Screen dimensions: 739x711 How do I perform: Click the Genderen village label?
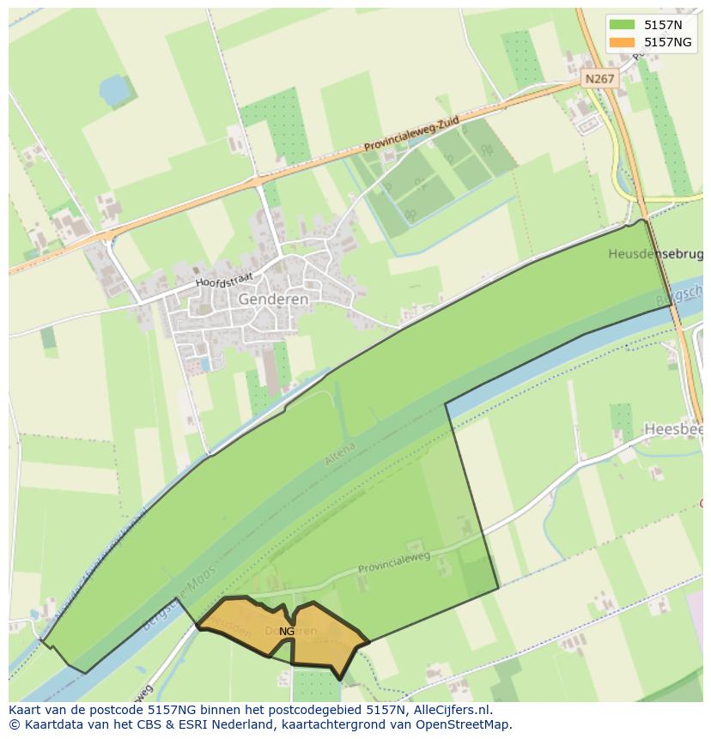pyautogui.click(x=273, y=299)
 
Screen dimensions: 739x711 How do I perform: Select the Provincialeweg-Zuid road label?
pyautogui.click(x=411, y=136)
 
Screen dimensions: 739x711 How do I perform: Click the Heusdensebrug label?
pyautogui.click(x=655, y=254)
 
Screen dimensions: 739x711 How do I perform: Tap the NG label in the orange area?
pyautogui.click(x=287, y=631)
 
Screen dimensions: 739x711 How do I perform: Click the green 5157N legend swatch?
pyautogui.click(x=623, y=25)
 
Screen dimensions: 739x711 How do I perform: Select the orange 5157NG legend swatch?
pyautogui.click(x=623, y=42)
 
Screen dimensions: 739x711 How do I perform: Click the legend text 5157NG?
pyautogui.click(x=669, y=42)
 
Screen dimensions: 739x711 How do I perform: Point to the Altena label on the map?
pyautogui.click(x=339, y=454)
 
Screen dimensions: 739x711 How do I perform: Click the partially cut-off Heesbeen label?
pyautogui.click(x=673, y=428)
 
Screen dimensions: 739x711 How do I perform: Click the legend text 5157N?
pyautogui.click(x=664, y=25)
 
